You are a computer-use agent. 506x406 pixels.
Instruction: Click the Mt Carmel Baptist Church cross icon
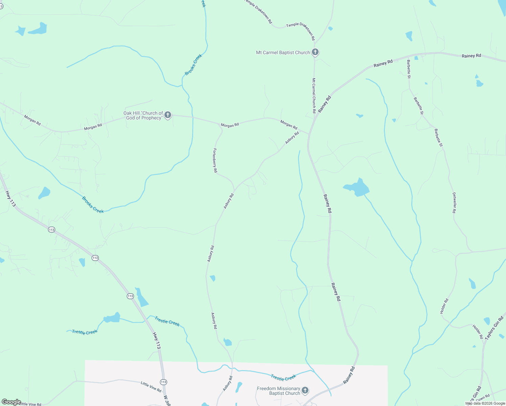315,52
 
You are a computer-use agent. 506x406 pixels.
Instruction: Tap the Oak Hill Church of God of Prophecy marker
167,115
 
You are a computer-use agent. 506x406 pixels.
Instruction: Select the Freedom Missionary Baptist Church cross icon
305,390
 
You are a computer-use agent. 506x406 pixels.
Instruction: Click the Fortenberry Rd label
215,161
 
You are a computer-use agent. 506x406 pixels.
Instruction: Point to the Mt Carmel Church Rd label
314,95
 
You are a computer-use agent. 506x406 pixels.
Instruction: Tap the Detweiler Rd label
454,203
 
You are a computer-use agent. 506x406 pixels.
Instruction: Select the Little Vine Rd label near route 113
151,387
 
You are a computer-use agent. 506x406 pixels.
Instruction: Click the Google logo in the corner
11,402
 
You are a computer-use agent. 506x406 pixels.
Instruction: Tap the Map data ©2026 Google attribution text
485,403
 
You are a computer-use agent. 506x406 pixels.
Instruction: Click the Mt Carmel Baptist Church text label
283,52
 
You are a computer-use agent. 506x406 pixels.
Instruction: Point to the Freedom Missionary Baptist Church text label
278,391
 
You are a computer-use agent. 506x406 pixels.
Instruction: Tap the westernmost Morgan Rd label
32,120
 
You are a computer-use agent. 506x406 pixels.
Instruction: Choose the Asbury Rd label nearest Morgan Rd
292,138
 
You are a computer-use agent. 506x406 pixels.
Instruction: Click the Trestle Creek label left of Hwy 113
85,332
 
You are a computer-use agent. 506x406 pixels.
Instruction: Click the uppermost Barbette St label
409,69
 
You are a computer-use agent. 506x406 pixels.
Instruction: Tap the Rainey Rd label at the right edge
471,56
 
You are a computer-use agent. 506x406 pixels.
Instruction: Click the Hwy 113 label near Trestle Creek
156,340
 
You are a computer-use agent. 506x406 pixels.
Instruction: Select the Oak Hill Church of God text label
143,115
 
